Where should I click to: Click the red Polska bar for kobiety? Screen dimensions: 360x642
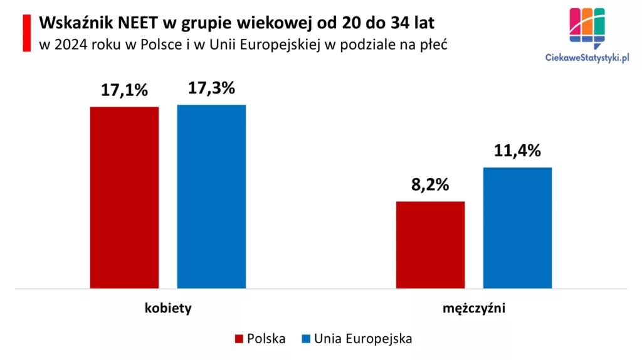124,198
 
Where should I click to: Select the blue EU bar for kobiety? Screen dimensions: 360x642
211,196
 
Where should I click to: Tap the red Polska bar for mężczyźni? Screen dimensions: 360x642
430,245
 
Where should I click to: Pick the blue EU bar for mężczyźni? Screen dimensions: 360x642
517,228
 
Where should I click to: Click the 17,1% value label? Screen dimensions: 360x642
124,90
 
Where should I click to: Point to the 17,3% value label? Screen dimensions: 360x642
211,88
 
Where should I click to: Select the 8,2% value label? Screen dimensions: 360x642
430,186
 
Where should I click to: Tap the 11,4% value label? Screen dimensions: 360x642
517,151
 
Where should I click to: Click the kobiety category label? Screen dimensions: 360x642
168,309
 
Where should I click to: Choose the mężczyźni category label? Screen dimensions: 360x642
474,309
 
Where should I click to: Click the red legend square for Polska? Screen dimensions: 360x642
239,339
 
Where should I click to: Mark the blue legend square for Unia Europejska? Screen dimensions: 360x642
306,339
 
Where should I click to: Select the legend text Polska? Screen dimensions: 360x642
266,339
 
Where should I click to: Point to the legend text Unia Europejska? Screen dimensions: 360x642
363,339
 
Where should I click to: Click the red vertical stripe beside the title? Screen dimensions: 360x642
26,33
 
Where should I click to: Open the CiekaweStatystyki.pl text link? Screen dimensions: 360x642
587,58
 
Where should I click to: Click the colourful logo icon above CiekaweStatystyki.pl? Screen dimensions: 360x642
587,28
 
